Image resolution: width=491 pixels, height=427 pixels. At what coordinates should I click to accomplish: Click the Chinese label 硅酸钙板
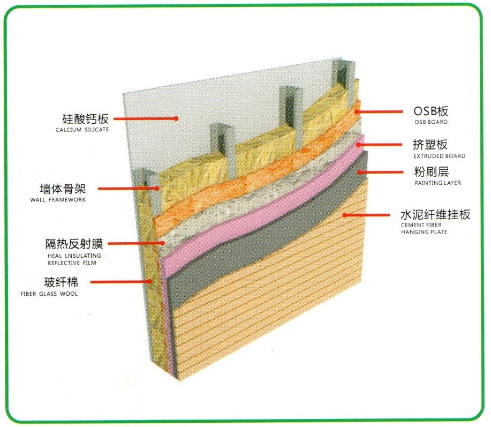[x=85, y=118]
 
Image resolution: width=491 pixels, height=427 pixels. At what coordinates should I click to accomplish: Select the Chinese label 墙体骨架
[x=63, y=189]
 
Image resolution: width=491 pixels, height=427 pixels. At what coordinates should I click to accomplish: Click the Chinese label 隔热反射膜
[x=74, y=244]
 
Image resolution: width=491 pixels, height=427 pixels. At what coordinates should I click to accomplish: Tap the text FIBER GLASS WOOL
[x=49, y=294]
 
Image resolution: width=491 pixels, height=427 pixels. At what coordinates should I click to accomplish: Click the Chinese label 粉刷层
[x=430, y=172]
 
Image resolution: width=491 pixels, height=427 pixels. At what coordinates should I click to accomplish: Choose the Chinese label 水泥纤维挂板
[x=435, y=215]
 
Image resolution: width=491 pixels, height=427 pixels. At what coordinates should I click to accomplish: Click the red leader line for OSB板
[x=380, y=111]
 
